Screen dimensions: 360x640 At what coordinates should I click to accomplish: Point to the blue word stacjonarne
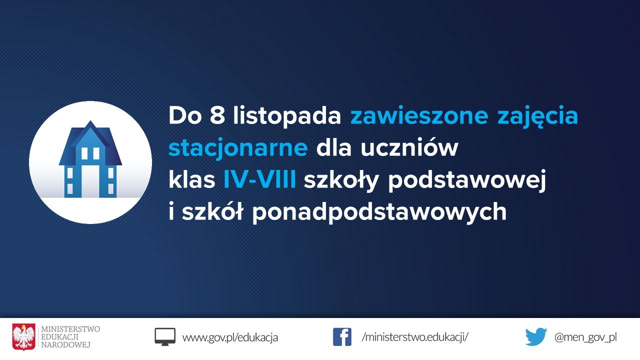[x=238, y=148]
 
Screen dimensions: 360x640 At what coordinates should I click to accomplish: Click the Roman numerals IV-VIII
[x=259, y=180]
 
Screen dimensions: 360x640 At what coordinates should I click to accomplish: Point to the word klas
[x=191, y=180]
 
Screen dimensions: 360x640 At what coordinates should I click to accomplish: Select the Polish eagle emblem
[x=24, y=337]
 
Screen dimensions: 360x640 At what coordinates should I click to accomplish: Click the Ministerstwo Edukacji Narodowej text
[x=70, y=337]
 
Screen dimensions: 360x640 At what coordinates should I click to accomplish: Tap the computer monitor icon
[x=165, y=336]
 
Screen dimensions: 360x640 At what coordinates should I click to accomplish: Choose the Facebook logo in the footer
[x=342, y=337]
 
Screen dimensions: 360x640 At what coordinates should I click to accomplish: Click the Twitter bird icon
[x=536, y=337]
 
